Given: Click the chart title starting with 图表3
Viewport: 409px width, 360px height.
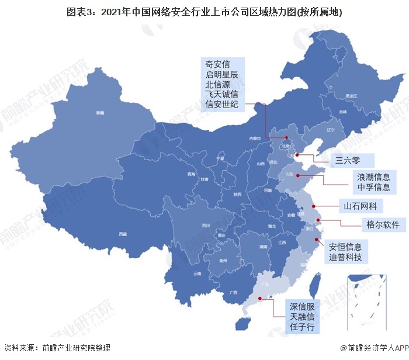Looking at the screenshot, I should point(204,11).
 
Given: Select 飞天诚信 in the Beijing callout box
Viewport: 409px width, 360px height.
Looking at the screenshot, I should point(221,95).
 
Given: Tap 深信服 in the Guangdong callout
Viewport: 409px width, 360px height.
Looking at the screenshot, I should point(303,306).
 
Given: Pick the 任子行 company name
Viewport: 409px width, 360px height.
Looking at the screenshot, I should point(303,327).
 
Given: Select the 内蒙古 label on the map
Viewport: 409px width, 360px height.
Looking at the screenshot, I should point(254,138).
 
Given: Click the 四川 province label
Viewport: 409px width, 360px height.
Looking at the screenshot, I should point(206,225).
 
